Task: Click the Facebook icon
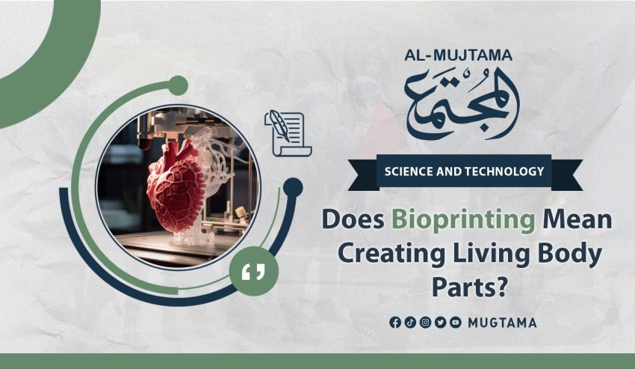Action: coord(395,323)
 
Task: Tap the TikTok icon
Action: coord(410,323)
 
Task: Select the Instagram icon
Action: coord(425,323)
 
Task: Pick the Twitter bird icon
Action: coord(440,323)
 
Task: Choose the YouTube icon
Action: coord(456,323)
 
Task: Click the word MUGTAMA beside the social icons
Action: coord(502,323)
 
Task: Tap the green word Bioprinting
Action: coord(463,220)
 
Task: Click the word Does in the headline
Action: coord(353,219)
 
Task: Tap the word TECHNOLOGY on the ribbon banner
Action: coord(504,171)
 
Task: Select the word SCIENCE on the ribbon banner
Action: coord(409,171)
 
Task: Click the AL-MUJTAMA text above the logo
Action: coord(458,55)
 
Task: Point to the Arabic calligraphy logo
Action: coord(462,103)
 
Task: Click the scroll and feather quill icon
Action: coord(288,133)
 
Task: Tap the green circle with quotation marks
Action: coord(253,271)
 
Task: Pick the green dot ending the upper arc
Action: coord(178,85)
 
